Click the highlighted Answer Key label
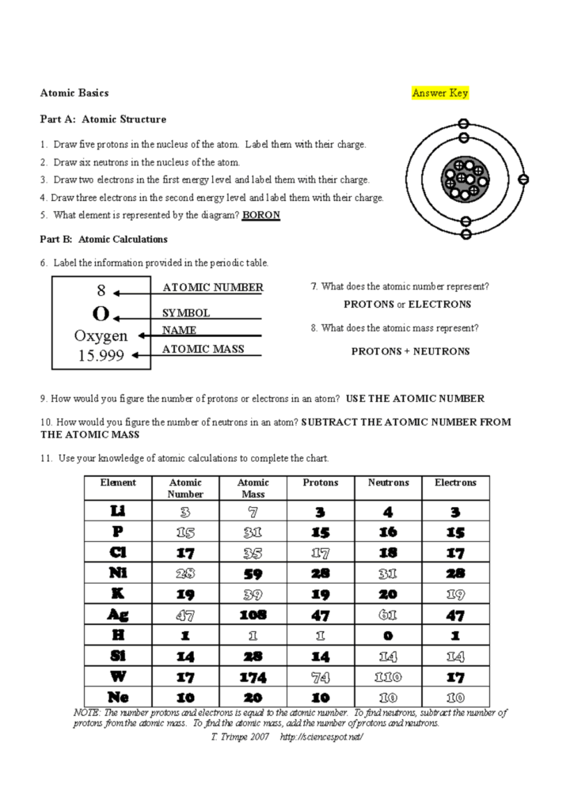click(x=439, y=93)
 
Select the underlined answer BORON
click(x=260, y=215)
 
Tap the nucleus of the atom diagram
click(x=464, y=179)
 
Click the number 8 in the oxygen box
click(x=101, y=292)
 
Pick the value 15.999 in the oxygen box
click(x=101, y=356)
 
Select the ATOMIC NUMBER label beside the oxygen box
click(x=212, y=288)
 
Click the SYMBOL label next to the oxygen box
click(x=186, y=313)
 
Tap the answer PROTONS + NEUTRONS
click(x=410, y=351)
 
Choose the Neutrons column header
click(x=388, y=483)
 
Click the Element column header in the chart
click(x=118, y=483)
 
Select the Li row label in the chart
click(x=118, y=511)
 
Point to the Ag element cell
click(x=118, y=614)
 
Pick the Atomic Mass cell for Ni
click(x=253, y=573)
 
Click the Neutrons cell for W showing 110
click(x=388, y=676)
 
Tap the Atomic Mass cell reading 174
click(x=253, y=676)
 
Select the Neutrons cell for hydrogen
click(x=388, y=635)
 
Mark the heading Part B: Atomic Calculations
click(x=104, y=239)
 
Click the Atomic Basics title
click(x=74, y=93)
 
